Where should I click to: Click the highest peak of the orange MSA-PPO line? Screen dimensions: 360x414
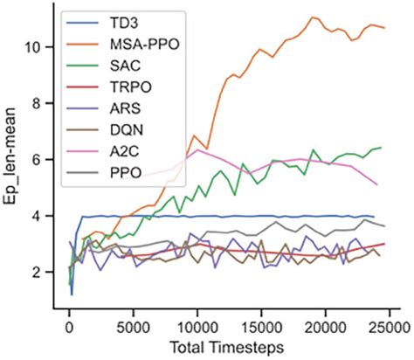pyautogui.click(x=312, y=17)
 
